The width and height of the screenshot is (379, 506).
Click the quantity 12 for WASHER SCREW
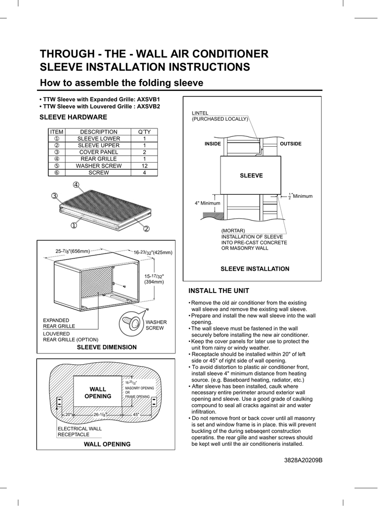(144, 166)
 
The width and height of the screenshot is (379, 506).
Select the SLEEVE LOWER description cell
(99, 139)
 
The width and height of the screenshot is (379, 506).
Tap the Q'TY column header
(144, 132)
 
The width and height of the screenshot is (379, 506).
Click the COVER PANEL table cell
(99, 152)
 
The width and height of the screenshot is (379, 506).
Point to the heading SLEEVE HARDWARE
(73, 117)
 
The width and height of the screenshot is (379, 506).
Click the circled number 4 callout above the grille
(76, 185)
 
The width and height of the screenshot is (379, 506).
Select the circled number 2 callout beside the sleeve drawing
(146, 229)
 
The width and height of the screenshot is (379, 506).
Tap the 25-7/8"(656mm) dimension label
(73, 252)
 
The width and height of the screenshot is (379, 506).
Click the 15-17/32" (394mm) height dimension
(154, 279)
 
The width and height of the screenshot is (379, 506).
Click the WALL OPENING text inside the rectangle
(98, 393)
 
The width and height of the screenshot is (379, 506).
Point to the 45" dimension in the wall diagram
(136, 414)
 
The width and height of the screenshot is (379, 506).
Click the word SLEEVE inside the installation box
(251, 175)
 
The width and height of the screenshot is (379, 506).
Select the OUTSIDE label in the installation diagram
(291, 144)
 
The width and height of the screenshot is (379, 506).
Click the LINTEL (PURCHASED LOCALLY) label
(220, 116)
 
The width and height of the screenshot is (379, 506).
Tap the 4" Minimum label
(207, 203)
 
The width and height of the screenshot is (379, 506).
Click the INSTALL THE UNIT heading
(219, 291)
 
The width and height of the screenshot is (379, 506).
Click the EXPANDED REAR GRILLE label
(59, 323)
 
